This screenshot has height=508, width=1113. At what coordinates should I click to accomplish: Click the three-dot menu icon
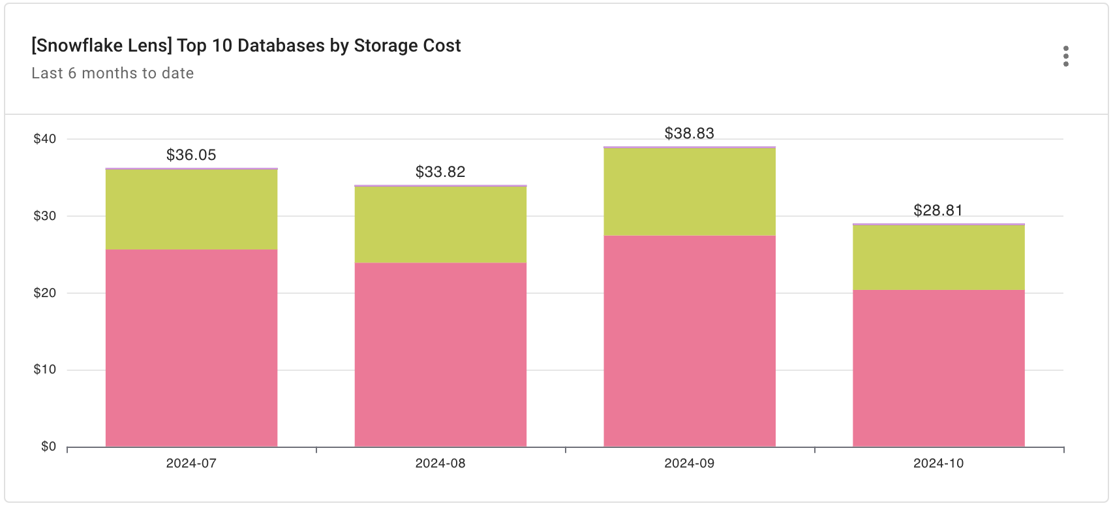coord(1065,56)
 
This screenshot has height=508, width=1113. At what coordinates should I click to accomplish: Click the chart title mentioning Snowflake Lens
coord(246,46)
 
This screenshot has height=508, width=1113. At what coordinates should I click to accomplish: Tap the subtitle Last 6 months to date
coord(112,73)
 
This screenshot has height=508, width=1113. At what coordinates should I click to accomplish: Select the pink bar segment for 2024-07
coord(191,347)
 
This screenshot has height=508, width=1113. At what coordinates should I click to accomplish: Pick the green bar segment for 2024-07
coord(191,209)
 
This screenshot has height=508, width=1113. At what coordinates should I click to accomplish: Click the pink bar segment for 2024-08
coord(440,355)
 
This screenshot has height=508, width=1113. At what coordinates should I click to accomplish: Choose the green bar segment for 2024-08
coord(440,225)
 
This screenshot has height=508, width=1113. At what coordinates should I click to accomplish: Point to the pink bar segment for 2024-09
coord(690,341)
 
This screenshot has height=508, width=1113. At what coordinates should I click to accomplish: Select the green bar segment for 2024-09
coord(690,191)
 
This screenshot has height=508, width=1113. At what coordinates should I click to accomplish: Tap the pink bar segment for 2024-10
coord(938,368)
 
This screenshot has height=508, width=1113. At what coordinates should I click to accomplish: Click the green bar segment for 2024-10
coord(938,257)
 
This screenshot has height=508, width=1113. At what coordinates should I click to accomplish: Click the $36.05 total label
coord(191,155)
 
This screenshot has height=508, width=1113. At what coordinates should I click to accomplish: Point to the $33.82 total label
coord(440,172)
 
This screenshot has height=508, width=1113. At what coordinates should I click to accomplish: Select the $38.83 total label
coord(690,133)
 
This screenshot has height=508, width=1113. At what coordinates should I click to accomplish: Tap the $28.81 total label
coord(938,210)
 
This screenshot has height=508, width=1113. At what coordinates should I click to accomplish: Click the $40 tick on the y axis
coord(45,138)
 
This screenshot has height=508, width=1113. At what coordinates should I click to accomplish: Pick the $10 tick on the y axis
coord(45,370)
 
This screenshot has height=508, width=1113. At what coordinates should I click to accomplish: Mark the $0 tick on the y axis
coord(48,447)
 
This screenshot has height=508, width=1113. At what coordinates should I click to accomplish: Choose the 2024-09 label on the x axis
coord(690,464)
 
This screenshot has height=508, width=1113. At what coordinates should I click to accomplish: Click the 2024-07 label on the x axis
coord(191,464)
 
